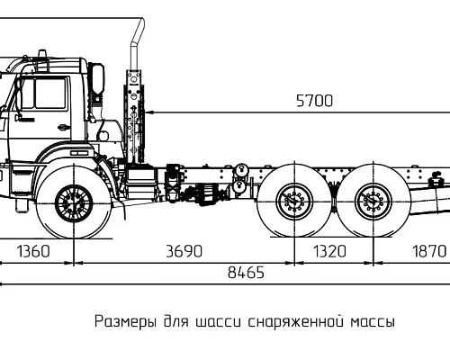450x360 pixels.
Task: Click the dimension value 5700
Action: click(314, 101)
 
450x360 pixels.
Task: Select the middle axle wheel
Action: click(292, 203)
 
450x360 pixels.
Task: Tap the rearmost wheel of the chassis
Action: click(371, 203)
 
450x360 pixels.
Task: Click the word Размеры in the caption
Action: click(124, 321)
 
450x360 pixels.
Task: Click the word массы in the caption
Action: click(372, 321)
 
